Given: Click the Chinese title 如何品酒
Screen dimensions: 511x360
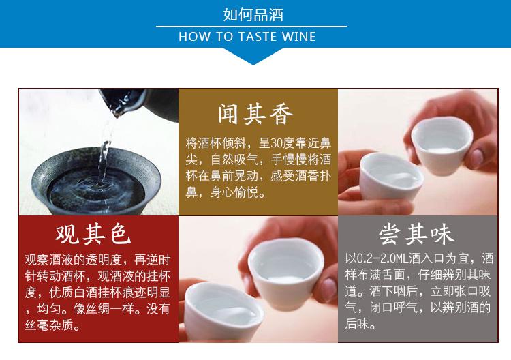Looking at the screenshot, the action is (253, 15).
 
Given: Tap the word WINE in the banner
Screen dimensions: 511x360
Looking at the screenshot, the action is (298, 37).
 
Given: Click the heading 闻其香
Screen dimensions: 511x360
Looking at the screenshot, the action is (255, 114).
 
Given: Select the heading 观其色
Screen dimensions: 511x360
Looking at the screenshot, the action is (93, 234).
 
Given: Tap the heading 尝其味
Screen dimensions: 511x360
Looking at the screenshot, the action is (416, 234).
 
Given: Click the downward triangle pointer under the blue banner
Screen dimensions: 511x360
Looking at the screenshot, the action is (253, 56).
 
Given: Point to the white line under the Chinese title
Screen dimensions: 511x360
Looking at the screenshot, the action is (251, 27).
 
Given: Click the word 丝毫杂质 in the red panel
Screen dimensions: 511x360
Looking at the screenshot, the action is (49, 325).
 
